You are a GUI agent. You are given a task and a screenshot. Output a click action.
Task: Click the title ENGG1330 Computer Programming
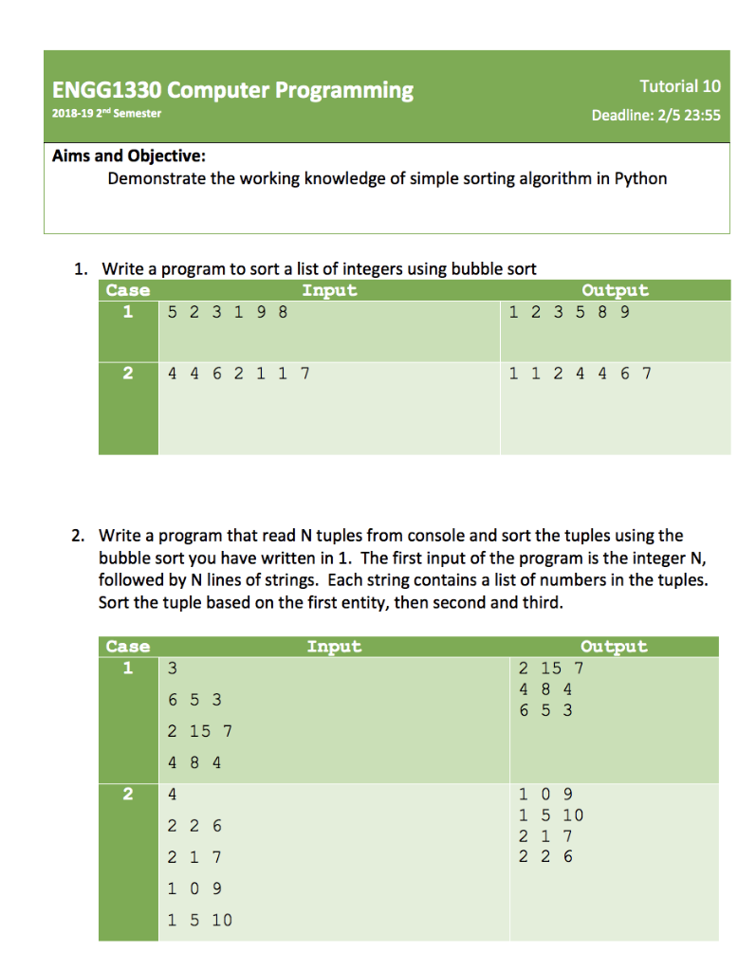point(232,91)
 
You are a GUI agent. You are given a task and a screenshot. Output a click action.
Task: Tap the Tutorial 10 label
point(679,86)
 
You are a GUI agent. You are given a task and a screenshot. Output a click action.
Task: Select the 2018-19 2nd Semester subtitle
point(106,114)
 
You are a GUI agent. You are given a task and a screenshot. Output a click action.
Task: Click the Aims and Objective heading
point(128,156)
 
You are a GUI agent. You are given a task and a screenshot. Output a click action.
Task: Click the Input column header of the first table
point(328,290)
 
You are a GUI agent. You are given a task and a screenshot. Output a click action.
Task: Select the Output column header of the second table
point(614,647)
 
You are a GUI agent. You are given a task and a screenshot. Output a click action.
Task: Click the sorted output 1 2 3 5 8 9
point(568,311)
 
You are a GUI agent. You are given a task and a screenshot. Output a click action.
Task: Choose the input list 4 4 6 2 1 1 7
point(238,374)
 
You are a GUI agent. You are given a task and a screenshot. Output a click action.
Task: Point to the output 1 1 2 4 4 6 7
point(580,374)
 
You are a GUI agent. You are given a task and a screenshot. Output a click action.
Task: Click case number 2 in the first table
point(128,374)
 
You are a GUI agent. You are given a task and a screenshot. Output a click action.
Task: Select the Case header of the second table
point(128,647)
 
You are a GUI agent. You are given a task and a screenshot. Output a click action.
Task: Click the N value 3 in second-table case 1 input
point(173,669)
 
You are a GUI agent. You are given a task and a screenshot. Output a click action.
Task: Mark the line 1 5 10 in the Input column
point(199,920)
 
